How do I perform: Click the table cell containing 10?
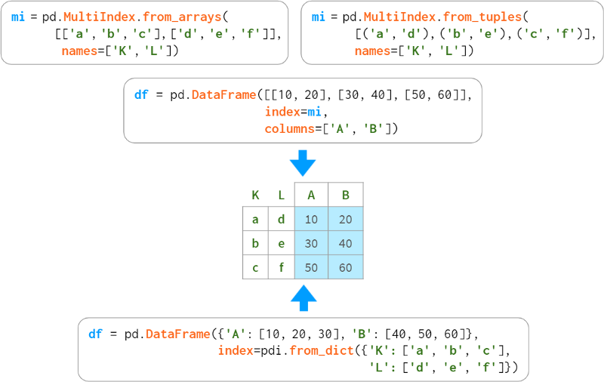(x=311, y=219)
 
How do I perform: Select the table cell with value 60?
(x=346, y=267)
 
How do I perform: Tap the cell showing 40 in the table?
(x=346, y=243)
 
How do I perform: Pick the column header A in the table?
(x=311, y=195)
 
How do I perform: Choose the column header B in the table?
(x=346, y=195)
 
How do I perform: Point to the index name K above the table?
(x=255, y=195)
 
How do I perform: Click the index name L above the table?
(x=281, y=195)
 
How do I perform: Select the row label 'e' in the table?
(x=281, y=243)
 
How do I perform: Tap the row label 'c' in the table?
(x=255, y=267)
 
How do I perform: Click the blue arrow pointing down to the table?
(x=303, y=162)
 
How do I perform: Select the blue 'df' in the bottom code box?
(x=96, y=334)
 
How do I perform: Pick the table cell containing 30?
(x=311, y=243)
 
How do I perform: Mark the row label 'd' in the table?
(x=281, y=219)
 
